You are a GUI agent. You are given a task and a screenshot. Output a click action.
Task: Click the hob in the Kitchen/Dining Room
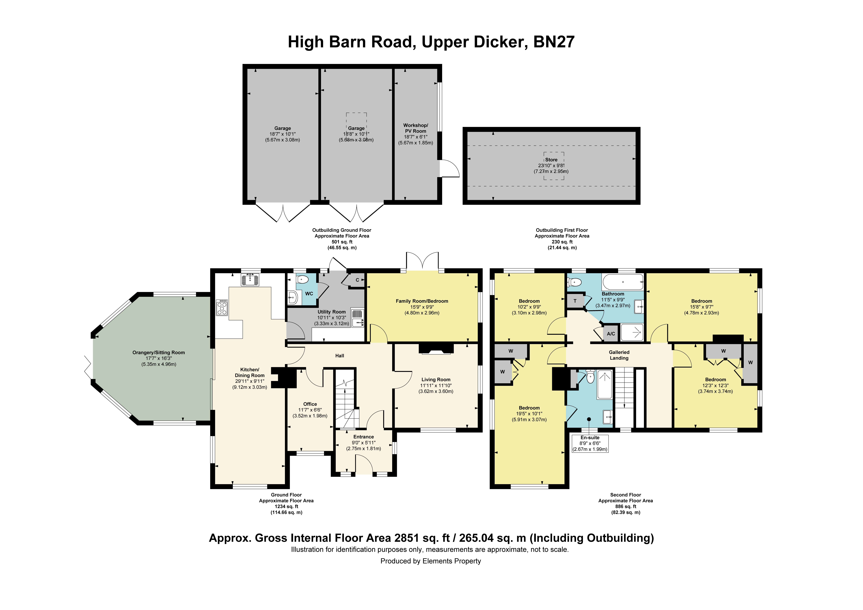(222, 307)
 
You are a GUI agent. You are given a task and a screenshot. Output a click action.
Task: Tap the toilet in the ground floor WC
(302, 279)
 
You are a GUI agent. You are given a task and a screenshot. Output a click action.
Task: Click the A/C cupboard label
(611, 334)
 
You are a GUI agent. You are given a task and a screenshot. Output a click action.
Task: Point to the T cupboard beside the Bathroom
(575, 301)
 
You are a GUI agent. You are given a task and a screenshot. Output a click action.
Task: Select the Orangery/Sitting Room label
(159, 352)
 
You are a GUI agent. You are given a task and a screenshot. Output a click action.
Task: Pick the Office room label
(310, 404)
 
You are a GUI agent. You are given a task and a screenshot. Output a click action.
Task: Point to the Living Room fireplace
(436, 348)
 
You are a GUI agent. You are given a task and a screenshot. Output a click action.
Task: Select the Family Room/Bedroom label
(422, 301)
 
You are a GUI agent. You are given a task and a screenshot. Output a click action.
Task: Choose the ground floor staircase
(345, 399)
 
